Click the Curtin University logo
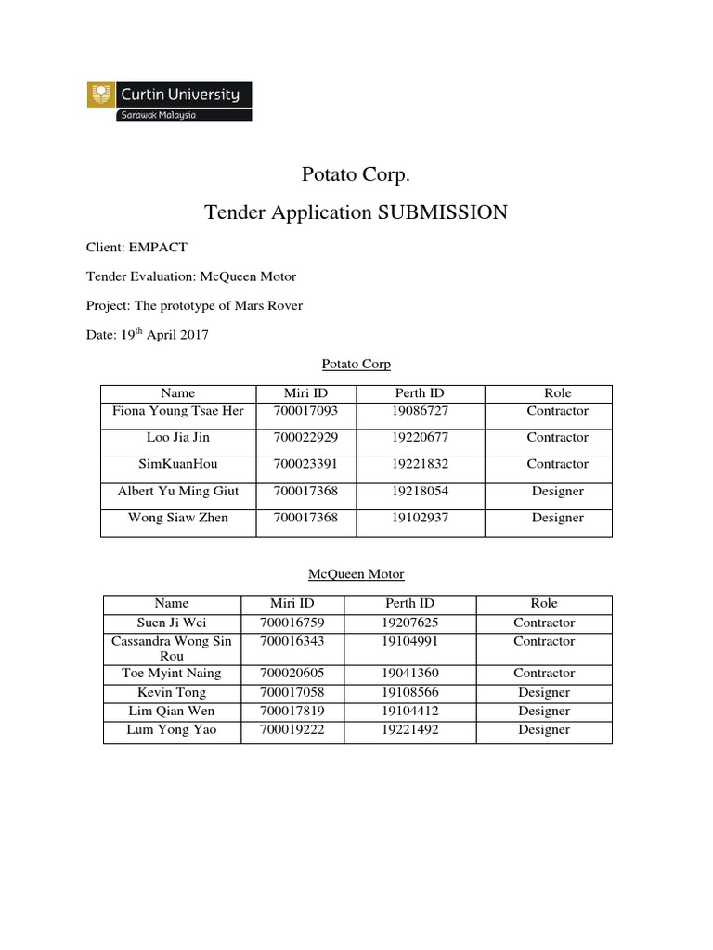pyautogui.click(x=169, y=100)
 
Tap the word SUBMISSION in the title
pyautogui.click(x=443, y=212)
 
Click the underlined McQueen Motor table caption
pyautogui.click(x=356, y=574)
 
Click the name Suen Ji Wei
pyautogui.click(x=171, y=623)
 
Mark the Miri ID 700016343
pyautogui.click(x=293, y=641)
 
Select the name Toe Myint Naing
pyautogui.click(x=171, y=674)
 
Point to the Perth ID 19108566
pyautogui.click(x=408, y=692)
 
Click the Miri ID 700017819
pyautogui.click(x=293, y=711)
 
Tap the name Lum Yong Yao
pyautogui.click(x=171, y=729)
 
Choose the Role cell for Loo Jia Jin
pyautogui.click(x=557, y=437)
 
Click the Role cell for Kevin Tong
pyautogui.click(x=544, y=692)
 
